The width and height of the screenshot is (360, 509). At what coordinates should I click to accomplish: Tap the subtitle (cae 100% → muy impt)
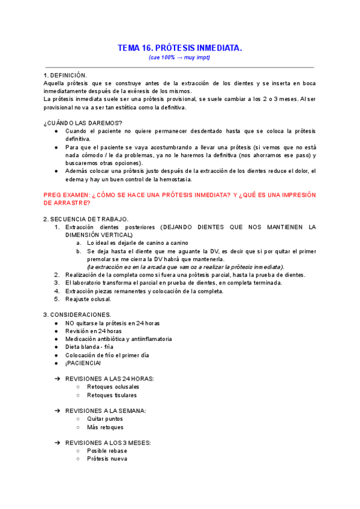tap(179, 58)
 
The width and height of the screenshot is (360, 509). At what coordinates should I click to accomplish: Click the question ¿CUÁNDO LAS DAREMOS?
tap(83, 123)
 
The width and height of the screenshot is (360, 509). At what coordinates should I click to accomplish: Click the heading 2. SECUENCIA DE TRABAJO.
tap(85, 219)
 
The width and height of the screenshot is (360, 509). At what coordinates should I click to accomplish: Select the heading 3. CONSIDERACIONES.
tap(77, 315)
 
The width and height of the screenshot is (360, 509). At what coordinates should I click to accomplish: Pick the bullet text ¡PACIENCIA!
tap(83, 363)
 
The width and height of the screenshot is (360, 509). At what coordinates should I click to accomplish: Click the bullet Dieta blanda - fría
tap(89, 347)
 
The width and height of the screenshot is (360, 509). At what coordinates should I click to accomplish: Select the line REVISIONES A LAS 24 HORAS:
tap(109, 379)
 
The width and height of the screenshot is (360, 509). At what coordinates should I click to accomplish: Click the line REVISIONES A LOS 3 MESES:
tap(108, 443)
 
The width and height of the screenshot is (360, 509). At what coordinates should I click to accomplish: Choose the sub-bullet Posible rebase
tap(106, 451)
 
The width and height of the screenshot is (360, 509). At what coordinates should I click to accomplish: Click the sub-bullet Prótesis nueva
tap(107, 459)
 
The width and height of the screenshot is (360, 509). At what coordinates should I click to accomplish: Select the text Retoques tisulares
tap(112, 395)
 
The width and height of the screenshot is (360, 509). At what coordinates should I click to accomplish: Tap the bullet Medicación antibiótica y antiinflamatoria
tap(118, 339)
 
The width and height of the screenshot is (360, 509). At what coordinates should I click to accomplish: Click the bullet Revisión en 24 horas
tap(93, 331)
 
